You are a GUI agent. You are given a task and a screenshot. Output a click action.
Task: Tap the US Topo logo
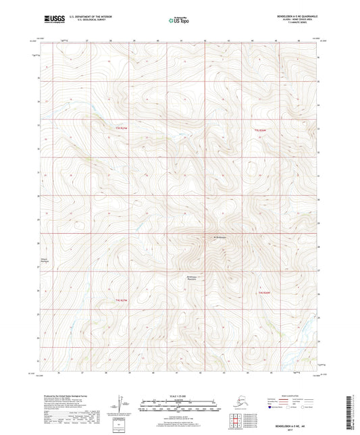point(180,20)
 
